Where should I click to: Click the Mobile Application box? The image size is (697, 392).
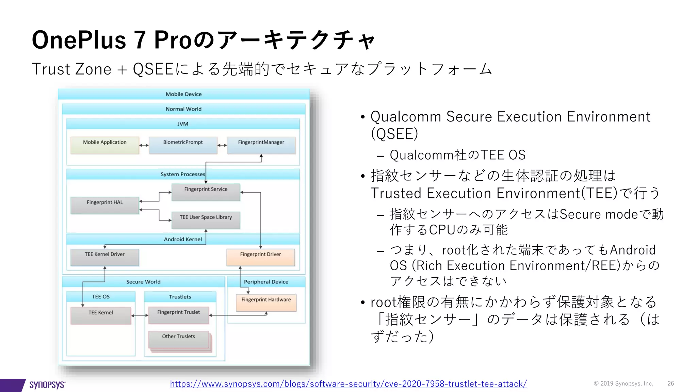pos(104,145)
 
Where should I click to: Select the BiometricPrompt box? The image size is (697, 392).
pos(183,145)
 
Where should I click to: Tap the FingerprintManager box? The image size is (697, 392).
pos(261,145)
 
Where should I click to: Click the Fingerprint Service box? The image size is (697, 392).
pos(206,192)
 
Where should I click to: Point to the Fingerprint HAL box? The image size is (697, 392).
pos(104,205)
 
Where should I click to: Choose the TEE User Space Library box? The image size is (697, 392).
pos(206,220)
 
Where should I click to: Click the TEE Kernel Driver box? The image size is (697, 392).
pos(104,257)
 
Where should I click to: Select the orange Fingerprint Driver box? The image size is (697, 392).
pos(260,257)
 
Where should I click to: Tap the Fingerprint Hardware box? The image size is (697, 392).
pos(266,302)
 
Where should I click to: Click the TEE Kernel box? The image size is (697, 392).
pos(100,315)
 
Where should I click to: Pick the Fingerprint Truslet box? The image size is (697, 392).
pos(178,315)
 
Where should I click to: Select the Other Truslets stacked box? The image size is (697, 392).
pos(178,339)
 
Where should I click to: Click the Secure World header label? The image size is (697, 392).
pos(143,282)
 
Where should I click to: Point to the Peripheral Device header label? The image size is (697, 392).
pos(266,282)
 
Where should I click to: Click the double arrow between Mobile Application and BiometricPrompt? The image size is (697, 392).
pos(144,145)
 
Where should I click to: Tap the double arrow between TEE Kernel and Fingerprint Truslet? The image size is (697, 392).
pos(140,315)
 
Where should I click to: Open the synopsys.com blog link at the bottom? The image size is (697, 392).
pos(348,384)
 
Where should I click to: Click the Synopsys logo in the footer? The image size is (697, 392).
pos(47,385)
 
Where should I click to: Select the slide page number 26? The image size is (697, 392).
pos(670,383)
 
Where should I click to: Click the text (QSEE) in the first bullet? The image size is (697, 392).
pos(394,134)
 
